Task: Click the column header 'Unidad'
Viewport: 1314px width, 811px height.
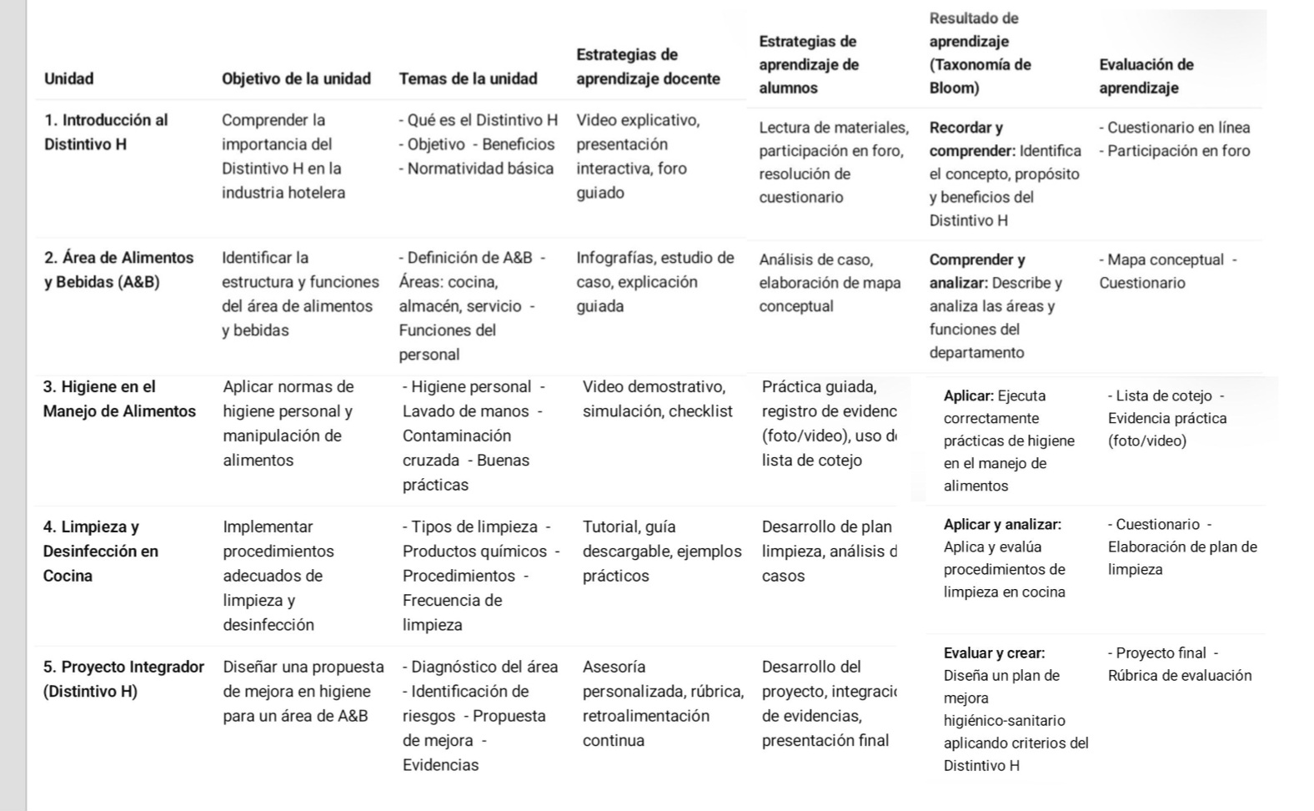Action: pos(68,79)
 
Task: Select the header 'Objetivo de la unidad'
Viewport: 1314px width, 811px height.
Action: pos(296,79)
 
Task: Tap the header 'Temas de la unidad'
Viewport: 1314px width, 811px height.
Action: pos(468,79)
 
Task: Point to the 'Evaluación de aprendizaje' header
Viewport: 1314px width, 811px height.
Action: pos(1146,76)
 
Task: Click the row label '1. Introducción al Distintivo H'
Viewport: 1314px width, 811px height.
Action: pos(106,132)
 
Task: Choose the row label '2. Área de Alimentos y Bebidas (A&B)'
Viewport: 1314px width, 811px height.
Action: pos(118,269)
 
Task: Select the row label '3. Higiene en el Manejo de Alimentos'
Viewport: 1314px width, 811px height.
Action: pos(119,399)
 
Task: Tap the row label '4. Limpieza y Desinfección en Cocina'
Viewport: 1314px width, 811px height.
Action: pos(100,551)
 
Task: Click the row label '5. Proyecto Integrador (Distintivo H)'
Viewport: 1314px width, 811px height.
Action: pos(123,678)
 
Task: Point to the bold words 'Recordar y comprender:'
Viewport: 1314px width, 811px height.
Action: pos(971,139)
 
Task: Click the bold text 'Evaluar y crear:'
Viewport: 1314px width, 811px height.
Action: pos(994,653)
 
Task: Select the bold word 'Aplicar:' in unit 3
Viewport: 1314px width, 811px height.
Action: pos(968,395)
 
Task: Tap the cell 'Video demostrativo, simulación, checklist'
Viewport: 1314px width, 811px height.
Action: pos(657,399)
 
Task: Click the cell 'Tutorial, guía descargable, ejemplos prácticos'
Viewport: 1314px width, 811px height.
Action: pos(661,551)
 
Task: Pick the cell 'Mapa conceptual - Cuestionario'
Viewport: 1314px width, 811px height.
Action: pos(1167,271)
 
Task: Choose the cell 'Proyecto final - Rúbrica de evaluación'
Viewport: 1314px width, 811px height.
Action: pos(1179,664)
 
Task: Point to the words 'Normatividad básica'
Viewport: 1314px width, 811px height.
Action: pos(480,169)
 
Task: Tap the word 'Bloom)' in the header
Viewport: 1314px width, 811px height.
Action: pos(954,88)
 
